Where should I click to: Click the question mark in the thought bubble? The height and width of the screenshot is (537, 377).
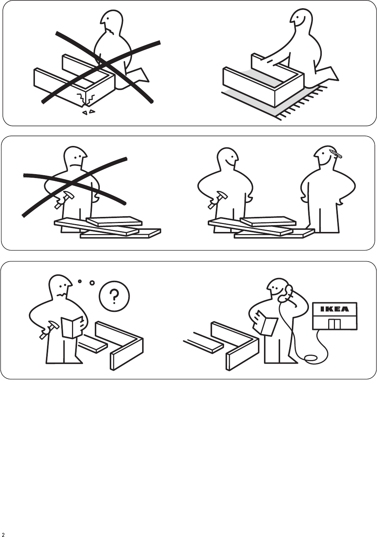tap(114, 296)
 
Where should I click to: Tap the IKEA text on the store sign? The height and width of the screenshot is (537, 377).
tap(335, 309)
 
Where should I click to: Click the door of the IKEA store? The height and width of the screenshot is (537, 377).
tap(334, 324)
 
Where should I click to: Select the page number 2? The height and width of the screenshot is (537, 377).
tap(3, 533)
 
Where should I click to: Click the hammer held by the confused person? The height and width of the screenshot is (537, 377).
tap(49, 329)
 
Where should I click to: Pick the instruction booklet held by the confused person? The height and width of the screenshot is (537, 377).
tap(72, 327)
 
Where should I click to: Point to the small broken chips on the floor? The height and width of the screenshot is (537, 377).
tap(88, 112)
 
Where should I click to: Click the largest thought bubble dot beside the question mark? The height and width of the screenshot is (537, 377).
tap(92, 283)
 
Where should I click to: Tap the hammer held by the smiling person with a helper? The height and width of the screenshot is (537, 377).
tap(218, 199)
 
